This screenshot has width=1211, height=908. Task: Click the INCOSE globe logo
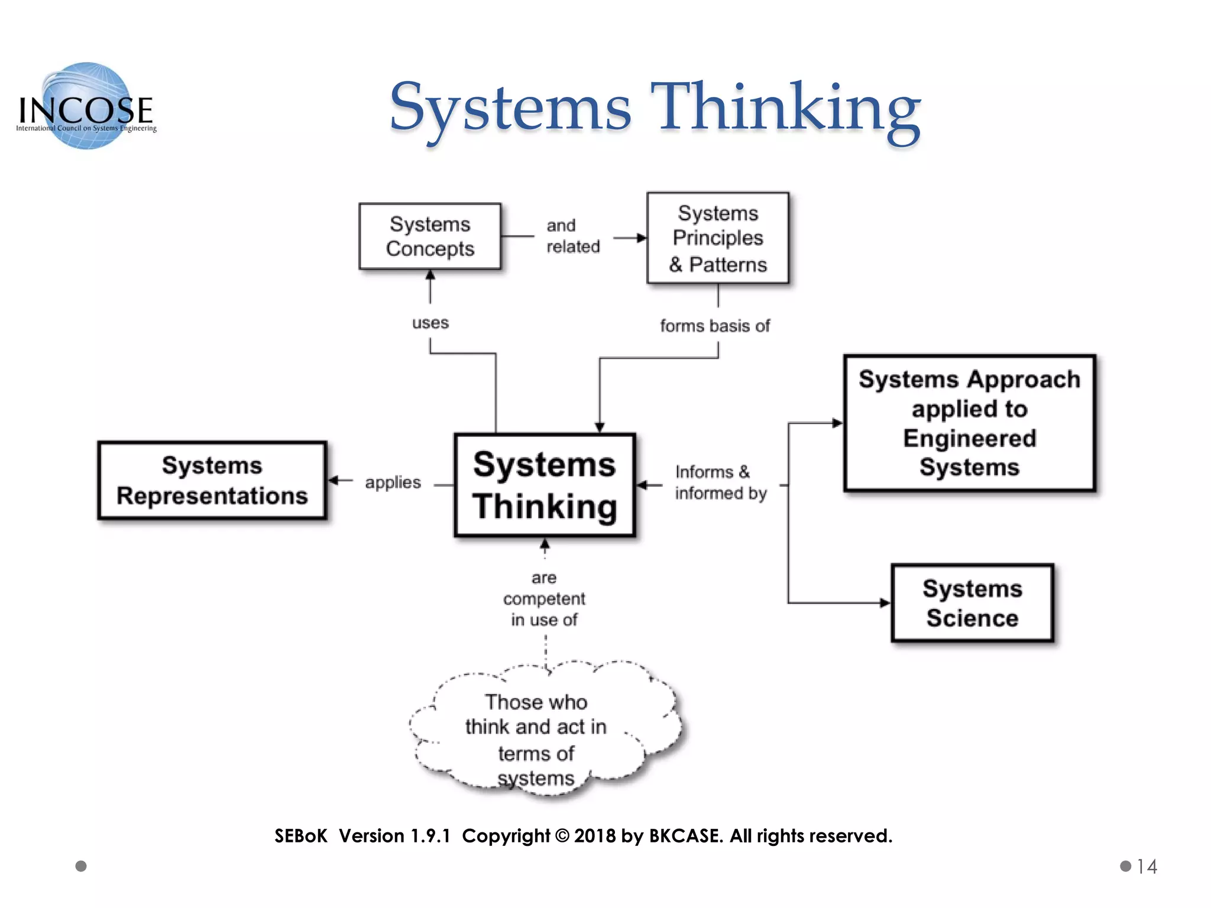pyautogui.click(x=87, y=106)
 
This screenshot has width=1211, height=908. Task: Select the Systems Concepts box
pyautogui.click(x=430, y=236)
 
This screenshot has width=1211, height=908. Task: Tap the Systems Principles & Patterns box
pyautogui.click(x=717, y=238)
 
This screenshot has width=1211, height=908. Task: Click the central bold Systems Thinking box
pyautogui.click(x=545, y=485)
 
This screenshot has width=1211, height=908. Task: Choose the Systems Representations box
pyautogui.click(x=212, y=481)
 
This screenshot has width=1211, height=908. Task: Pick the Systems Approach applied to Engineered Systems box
pyautogui.click(x=969, y=423)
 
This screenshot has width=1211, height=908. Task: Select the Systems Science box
pyautogui.click(x=972, y=603)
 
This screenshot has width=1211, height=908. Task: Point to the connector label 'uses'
pyautogui.click(x=430, y=323)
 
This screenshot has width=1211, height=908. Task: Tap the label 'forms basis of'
pyautogui.click(x=714, y=326)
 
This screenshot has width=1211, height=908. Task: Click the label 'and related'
pyautogui.click(x=572, y=236)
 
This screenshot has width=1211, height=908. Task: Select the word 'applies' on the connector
pyautogui.click(x=393, y=482)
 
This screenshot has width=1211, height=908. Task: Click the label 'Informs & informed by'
pyautogui.click(x=720, y=482)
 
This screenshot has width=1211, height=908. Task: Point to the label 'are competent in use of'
pyautogui.click(x=544, y=598)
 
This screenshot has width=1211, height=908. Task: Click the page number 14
pyautogui.click(x=1147, y=867)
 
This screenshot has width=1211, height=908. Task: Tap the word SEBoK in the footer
pyautogui.click(x=300, y=836)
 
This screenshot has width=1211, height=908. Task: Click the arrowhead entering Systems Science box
pyautogui.click(x=885, y=603)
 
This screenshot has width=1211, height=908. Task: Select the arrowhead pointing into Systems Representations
pyautogui.click(x=333, y=480)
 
